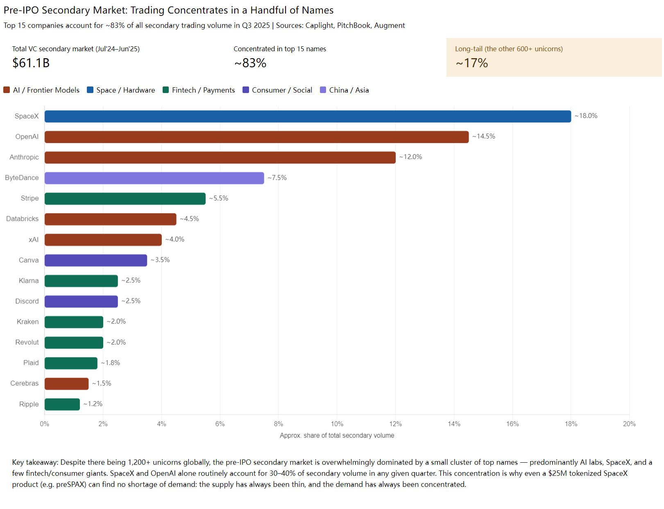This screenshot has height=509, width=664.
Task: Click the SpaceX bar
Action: pyautogui.click(x=307, y=116)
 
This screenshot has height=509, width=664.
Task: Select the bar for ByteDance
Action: pyautogui.click(x=154, y=178)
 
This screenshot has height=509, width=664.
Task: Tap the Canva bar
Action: pyautogui.click(x=95, y=260)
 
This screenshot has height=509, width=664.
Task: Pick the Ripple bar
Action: pyautogui.click(x=62, y=404)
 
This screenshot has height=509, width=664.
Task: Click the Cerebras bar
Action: pyautogui.click(x=66, y=384)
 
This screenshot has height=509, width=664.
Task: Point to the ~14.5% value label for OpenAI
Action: pyautogui.click(x=484, y=136)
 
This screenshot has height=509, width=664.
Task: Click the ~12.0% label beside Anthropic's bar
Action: pyautogui.click(x=411, y=157)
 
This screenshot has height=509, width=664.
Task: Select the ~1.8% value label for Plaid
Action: pyautogui.click(x=111, y=363)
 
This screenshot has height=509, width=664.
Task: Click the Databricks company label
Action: pyautogui.click(x=22, y=219)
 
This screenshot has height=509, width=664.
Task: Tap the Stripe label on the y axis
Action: pyautogui.click(x=29, y=198)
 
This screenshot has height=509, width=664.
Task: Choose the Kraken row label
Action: pyautogui.click(x=27, y=322)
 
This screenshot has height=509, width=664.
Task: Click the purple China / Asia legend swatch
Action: pyautogui.click(x=323, y=90)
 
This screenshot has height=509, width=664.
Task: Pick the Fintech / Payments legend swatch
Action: pyautogui.click(x=166, y=90)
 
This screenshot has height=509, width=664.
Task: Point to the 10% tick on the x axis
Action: pyautogui.click(x=337, y=424)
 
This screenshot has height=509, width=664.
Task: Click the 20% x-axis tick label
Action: pyautogui.click(x=629, y=424)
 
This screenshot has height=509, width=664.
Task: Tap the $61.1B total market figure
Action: pyautogui.click(x=31, y=63)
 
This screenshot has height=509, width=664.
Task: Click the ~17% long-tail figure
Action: pyautogui.click(x=472, y=63)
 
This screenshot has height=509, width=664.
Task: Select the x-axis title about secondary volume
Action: pyautogui.click(x=337, y=436)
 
